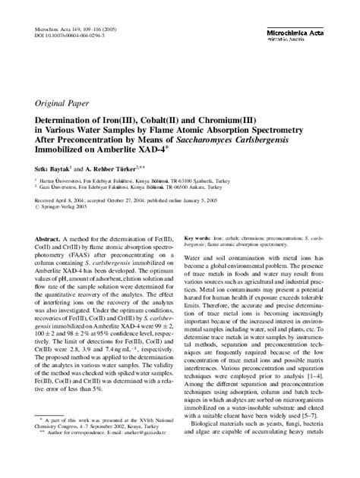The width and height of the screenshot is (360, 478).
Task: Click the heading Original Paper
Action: [x=62, y=102]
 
